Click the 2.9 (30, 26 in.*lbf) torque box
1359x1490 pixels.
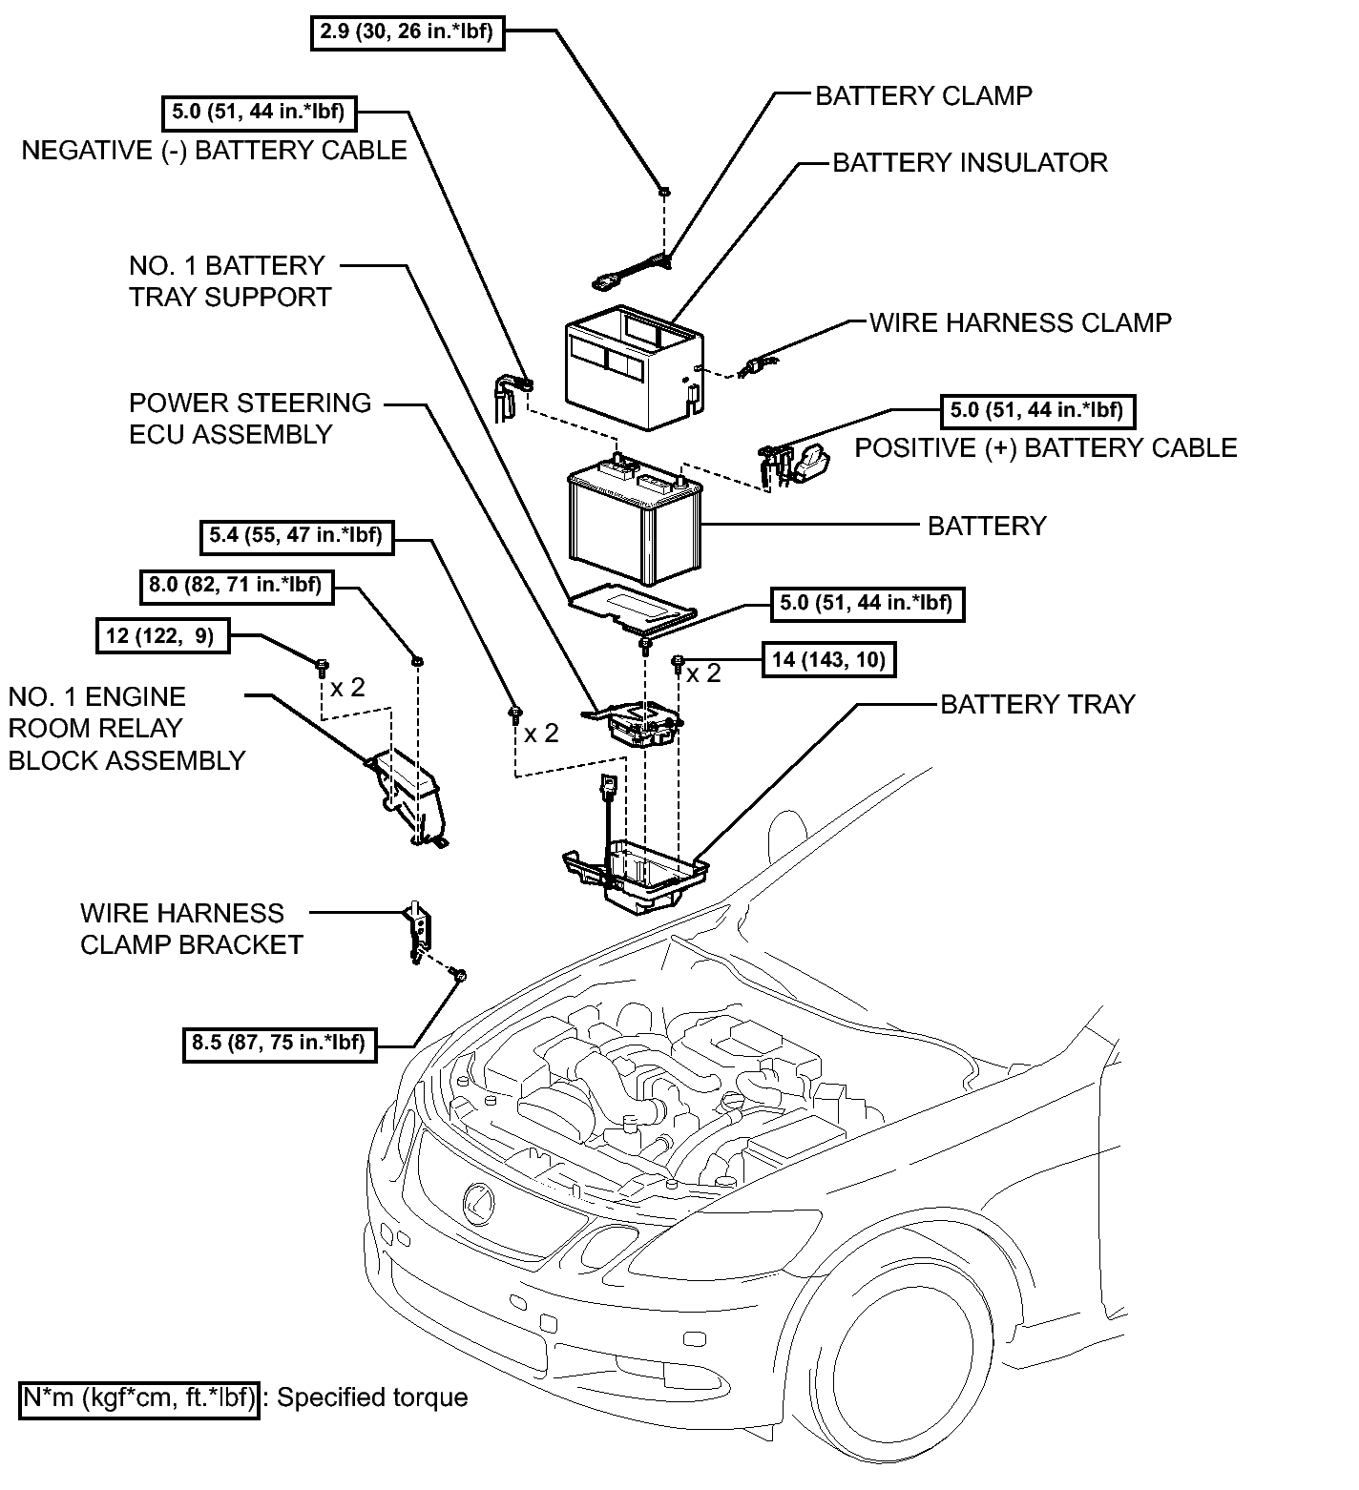point(408,31)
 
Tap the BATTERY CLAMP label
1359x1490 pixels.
point(924,95)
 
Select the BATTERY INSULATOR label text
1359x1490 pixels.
point(971,162)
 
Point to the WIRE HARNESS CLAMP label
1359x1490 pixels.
point(1020,322)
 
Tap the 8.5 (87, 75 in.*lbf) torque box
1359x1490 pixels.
point(279,1043)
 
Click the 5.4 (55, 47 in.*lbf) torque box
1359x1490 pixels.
point(296,536)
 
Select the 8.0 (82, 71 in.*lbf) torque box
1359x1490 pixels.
point(236,585)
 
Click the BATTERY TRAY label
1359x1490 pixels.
point(1038,704)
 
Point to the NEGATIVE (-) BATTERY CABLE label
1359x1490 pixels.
point(215,150)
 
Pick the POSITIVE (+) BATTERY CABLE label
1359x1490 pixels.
point(1046,447)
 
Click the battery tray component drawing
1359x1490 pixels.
point(635,875)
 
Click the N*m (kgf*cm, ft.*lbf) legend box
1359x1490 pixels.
point(139,1398)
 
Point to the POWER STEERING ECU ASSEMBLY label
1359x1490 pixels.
point(250,418)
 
